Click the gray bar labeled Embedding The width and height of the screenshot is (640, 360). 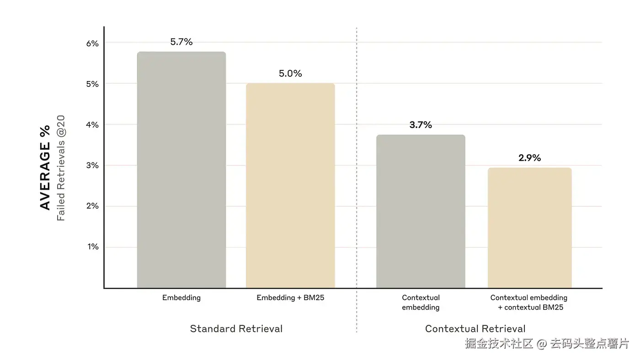tap(181, 170)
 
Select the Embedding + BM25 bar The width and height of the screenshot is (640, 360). tap(290, 185)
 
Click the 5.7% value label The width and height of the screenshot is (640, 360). tap(181, 42)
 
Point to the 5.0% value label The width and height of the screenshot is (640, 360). tap(290, 74)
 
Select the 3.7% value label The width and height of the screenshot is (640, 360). tap(421, 125)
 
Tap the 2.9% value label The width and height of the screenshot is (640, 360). tap(529, 158)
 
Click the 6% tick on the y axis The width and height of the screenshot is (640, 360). tap(92, 43)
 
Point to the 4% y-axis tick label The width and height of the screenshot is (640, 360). tap(92, 125)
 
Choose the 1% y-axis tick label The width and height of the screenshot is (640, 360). tap(92, 247)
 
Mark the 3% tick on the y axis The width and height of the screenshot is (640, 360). tap(92, 166)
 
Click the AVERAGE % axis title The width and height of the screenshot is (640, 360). tap(45, 167)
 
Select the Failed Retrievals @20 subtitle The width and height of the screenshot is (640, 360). tap(61, 167)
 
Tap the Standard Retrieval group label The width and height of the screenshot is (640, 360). tap(236, 329)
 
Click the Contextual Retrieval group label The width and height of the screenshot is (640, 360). tap(475, 329)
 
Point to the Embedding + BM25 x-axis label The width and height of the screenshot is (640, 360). tap(290, 298)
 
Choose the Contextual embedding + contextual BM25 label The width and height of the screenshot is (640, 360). tap(529, 302)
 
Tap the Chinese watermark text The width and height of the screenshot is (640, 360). tap(547, 344)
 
